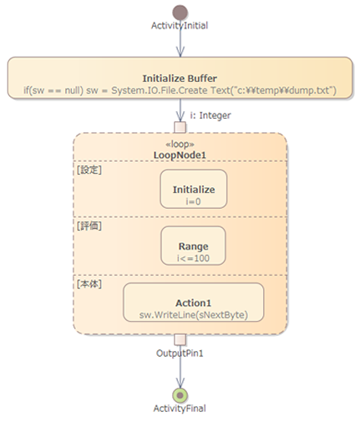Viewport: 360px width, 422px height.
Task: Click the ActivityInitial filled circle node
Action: coord(180,13)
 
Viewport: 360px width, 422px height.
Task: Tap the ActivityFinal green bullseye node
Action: coord(180,395)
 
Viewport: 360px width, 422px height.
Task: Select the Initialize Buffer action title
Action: coord(180,79)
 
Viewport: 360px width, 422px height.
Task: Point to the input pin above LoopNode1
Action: coord(180,127)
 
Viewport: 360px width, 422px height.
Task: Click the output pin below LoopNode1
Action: coord(180,339)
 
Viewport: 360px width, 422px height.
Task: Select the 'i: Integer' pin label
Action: coord(210,115)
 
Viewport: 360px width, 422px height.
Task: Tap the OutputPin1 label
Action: coord(180,353)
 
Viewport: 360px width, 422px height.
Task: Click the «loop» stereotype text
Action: coord(180,145)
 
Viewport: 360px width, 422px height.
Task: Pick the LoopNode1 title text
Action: coord(180,155)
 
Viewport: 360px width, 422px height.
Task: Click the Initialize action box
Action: coord(194,189)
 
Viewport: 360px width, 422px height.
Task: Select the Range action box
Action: coord(193,246)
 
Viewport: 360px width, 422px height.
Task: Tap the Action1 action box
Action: coord(194,303)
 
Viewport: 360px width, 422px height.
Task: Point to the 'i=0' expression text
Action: coord(193,201)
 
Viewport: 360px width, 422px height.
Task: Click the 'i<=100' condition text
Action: coord(193,258)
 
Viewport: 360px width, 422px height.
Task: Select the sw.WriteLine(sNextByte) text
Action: coord(194,315)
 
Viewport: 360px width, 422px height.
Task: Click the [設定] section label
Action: coord(89,170)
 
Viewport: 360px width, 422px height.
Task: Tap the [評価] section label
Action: coord(89,226)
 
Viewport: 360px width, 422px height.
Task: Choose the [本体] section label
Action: coord(89,284)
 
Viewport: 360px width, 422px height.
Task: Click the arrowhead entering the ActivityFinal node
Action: coord(180,383)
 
